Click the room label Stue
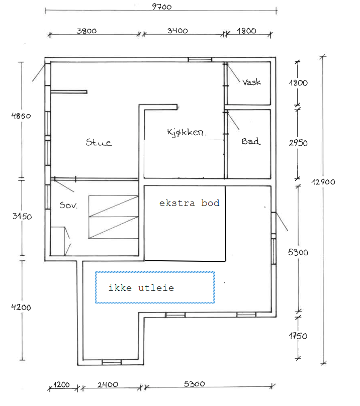click(x=99, y=142)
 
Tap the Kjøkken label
click(x=185, y=132)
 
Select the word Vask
click(x=251, y=82)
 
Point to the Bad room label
click(x=251, y=141)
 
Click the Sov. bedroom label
click(x=68, y=205)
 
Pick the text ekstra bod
click(x=189, y=203)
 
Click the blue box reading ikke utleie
click(x=155, y=287)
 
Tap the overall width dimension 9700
click(x=162, y=7)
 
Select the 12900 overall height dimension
click(x=323, y=182)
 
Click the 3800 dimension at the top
click(x=86, y=31)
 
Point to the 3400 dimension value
click(x=178, y=31)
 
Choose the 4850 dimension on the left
click(x=21, y=116)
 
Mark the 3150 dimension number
click(x=22, y=216)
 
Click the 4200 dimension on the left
click(x=21, y=307)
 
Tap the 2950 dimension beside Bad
click(x=298, y=143)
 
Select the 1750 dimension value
click(x=298, y=336)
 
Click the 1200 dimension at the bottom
click(x=62, y=384)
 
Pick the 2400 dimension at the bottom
click(x=108, y=384)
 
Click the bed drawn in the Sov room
click(x=113, y=217)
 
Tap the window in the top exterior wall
click(x=200, y=60)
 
